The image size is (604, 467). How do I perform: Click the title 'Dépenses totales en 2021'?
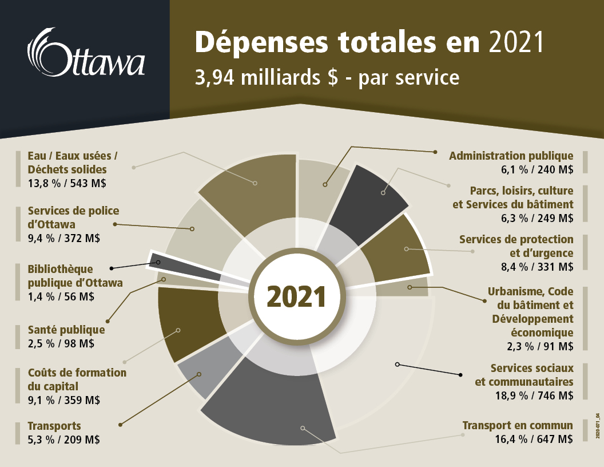[369, 43]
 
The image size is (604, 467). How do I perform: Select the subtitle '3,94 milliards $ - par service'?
[327, 77]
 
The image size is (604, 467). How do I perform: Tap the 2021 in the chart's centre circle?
[296, 297]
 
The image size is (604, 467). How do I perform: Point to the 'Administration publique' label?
[511, 156]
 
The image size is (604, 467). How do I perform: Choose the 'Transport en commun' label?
[517, 425]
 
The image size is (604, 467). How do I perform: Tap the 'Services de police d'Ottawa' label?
[73, 217]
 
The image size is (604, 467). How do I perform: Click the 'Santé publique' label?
[66, 330]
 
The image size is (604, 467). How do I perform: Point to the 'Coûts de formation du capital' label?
[77, 379]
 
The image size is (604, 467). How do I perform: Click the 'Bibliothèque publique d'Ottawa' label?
[75, 275]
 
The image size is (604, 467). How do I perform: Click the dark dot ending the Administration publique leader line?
[436, 152]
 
